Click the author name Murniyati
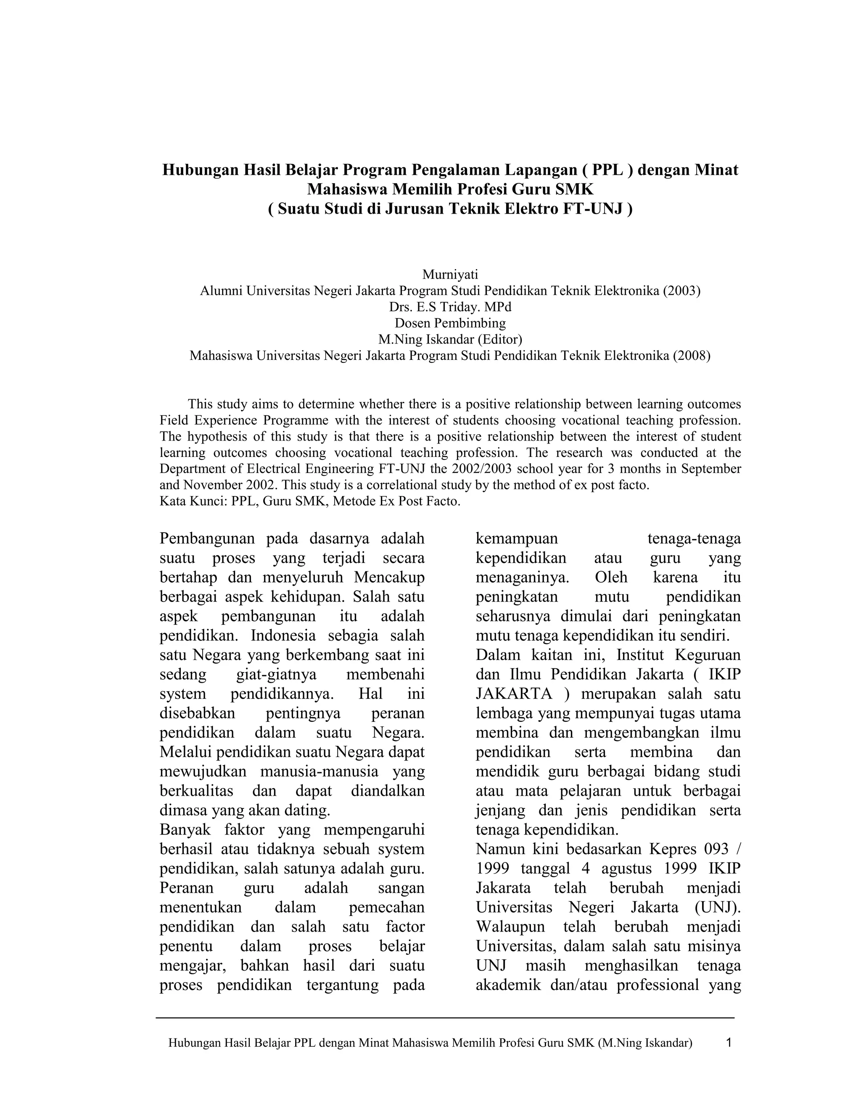450,275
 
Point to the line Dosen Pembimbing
450,323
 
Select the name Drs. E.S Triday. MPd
450,307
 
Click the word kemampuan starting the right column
517,539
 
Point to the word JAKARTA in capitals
514,694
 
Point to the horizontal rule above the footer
445,1018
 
